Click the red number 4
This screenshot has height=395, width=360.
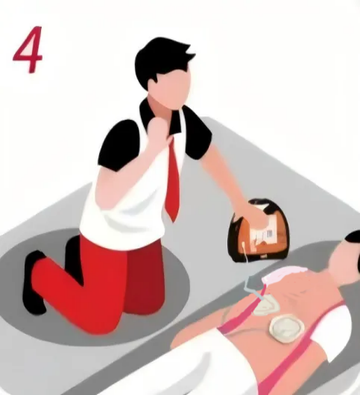pyautogui.click(x=28, y=49)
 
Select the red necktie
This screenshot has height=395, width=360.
pyautogui.click(x=174, y=177)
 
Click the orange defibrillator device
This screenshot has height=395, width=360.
pyautogui.click(x=259, y=230)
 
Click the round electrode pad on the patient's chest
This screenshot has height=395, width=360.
pyautogui.click(x=285, y=328)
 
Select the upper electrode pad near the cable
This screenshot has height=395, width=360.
pyautogui.click(x=266, y=306)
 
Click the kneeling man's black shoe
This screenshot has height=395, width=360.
pyautogui.click(x=34, y=282)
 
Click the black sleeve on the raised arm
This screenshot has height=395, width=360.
pyautogui.click(x=119, y=146)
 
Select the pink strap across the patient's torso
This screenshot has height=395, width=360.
pyautogui.click(x=297, y=353)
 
